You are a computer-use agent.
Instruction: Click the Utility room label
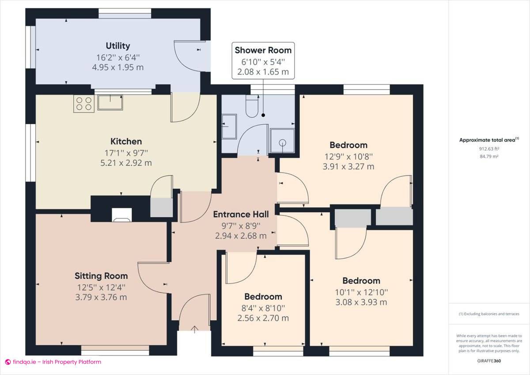pos(118,46)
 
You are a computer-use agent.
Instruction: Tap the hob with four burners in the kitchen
pos(83,103)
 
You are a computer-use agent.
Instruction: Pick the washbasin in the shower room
pos(229,126)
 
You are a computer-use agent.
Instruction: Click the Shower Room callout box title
pos(263,50)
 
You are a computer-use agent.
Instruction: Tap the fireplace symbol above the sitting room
pos(121,214)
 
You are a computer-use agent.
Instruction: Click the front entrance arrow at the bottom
pos(194,329)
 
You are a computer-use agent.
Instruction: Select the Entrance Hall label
pos(241,214)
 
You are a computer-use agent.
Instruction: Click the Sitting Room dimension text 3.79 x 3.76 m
pos(101,297)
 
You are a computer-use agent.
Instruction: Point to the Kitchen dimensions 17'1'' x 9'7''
pos(126,153)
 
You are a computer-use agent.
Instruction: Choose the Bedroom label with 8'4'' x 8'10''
pos(263,297)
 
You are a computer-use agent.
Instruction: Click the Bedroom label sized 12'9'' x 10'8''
pos(348,145)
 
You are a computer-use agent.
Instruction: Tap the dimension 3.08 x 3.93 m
pos(361,302)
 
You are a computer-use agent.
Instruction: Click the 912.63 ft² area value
pos(489,149)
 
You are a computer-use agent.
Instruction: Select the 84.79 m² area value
pos(489,156)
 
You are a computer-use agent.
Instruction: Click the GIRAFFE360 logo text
pos(489,361)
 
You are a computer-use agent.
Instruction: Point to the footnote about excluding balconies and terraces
pos(489,314)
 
